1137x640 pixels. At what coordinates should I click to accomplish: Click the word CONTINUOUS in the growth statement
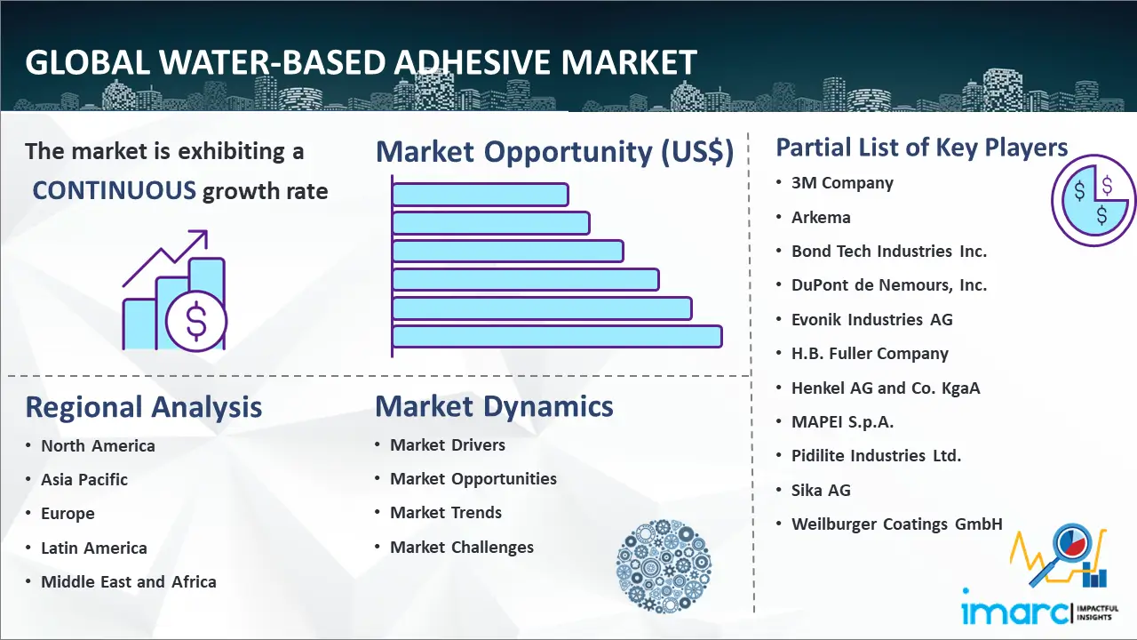point(115,191)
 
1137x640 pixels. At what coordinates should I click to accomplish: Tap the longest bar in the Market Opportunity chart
point(557,337)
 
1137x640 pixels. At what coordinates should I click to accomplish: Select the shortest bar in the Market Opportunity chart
point(481,195)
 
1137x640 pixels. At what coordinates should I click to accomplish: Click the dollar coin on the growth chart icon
point(196,322)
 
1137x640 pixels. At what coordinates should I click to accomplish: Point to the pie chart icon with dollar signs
point(1093,200)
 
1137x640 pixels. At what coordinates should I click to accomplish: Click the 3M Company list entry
point(842,183)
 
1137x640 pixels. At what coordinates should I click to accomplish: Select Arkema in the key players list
point(821,218)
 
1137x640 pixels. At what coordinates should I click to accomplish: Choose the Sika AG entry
point(821,490)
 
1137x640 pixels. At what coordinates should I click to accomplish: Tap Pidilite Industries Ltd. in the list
point(876,456)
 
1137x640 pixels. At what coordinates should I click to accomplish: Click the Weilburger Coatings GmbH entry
point(897,524)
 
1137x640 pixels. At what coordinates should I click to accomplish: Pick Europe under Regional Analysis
point(68,514)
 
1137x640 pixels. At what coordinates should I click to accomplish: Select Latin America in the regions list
point(94,548)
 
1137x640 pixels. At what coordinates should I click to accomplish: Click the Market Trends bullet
point(446,513)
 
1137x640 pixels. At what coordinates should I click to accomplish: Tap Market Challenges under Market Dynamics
point(461,547)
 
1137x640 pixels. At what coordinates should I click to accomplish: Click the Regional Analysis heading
point(144,407)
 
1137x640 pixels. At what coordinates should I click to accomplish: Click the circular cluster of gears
point(664,566)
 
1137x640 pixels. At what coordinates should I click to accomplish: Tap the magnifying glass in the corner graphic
point(1063,554)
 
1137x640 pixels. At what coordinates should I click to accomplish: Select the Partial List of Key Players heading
point(922,148)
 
